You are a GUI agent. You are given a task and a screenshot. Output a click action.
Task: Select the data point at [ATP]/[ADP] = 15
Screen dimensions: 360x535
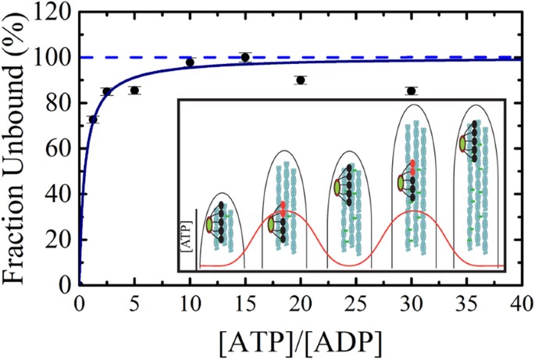pos(245,57)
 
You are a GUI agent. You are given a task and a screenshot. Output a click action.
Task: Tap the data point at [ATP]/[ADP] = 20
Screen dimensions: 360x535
pos(301,80)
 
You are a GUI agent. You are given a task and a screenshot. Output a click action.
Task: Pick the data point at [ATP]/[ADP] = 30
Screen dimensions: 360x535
pos(412,91)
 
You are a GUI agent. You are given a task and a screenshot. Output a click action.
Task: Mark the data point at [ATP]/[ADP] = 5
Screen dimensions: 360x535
pos(134,90)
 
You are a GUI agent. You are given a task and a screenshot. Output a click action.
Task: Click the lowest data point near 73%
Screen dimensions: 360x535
pos(94,119)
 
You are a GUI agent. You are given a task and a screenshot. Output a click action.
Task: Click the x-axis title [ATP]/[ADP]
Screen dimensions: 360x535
pos(301,341)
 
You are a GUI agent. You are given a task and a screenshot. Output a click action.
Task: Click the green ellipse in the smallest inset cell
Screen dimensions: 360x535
pos(209,226)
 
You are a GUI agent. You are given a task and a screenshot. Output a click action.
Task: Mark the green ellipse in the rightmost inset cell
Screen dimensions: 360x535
pos(464,144)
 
